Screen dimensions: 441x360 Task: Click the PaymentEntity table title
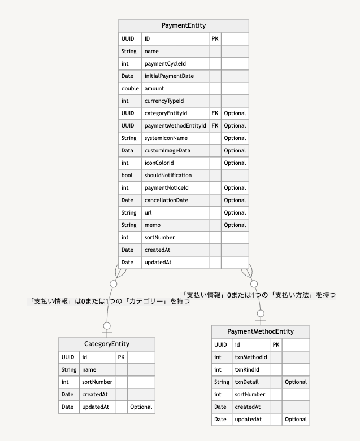[x=184, y=25]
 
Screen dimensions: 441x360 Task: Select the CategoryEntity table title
[x=107, y=344]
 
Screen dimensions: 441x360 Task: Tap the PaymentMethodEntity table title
[x=261, y=331]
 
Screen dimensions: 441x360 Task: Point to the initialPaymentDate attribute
[x=169, y=76]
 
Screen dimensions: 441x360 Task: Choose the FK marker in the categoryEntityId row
[x=215, y=113]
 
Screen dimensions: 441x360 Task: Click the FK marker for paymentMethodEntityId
[x=215, y=126]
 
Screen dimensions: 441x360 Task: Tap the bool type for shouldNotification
[x=127, y=176]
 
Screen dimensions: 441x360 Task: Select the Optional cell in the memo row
[x=235, y=225]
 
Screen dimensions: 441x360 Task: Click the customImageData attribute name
[x=167, y=151]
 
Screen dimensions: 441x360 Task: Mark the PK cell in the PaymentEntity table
[x=215, y=39]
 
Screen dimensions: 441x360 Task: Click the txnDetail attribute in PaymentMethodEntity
[x=246, y=382]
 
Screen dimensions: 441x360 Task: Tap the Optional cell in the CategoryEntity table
[x=141, y=407]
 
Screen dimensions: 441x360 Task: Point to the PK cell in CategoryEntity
[x=121, y=357]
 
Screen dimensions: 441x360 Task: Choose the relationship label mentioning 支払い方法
[x=259, y=295]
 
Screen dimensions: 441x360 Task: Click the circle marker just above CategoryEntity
[x=107, y=325]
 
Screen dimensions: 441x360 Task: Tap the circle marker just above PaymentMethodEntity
[x=261, y=313]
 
